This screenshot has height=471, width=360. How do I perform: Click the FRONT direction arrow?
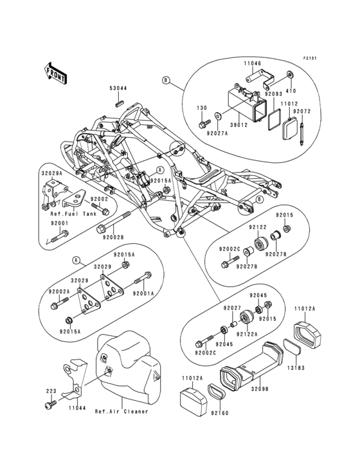click(57, 73)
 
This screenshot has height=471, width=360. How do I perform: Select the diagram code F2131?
click(310, 59)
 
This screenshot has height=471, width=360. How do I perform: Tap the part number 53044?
click(118, 89)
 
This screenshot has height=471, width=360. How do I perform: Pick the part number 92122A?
click(246, 335)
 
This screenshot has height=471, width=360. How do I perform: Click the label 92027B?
click(246, 266)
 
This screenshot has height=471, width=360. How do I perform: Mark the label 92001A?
click(143, 293)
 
